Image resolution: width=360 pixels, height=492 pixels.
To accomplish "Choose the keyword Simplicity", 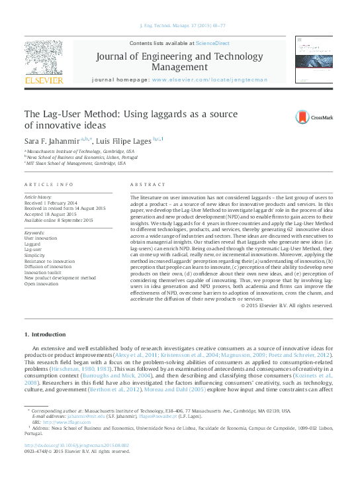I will click(x=35, y=254).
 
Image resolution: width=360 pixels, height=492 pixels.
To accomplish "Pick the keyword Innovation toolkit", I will click(x=44, y=271).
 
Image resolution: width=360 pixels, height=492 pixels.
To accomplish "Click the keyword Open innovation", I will click(x=42, y=283).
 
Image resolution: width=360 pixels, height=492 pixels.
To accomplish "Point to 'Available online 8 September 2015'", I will click(x=59, y=220).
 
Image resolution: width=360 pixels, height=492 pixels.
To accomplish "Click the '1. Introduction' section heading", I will click(x=45, y=333).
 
